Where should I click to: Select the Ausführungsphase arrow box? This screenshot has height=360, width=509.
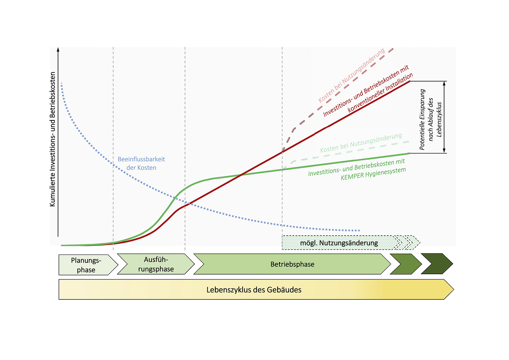click(x=156, y=264)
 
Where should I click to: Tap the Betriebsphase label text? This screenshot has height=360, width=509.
click(x=292, y=264)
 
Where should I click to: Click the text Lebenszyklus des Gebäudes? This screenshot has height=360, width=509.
click(x=254, y=290)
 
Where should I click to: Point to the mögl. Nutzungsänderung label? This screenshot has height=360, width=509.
click(x=339, y=243)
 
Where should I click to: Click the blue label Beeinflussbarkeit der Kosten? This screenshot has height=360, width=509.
click(x=141, y=163)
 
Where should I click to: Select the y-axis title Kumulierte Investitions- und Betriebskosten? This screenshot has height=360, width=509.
click(x=52, y=139)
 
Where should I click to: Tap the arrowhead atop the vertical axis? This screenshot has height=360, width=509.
click(x=58, y=49)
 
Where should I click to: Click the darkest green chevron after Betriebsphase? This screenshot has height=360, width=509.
click(x=437, y=263)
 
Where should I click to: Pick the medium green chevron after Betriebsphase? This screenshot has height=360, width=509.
click(x=406, y=264)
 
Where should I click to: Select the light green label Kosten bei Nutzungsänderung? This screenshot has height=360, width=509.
click(x=361, y=143)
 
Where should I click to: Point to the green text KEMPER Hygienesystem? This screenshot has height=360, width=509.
click(x=373, y=174)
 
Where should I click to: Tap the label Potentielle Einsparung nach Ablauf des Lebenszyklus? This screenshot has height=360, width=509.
click(x=430, y=119)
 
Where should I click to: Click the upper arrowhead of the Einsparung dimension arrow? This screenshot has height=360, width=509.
click(x=444, y=83)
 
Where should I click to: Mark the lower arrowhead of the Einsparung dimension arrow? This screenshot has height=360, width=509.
click(x=444, y=151)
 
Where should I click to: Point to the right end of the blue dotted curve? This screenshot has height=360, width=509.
click(x=359, y=230)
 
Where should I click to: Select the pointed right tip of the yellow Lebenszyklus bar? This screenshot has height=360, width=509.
click(x=454, y=289)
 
